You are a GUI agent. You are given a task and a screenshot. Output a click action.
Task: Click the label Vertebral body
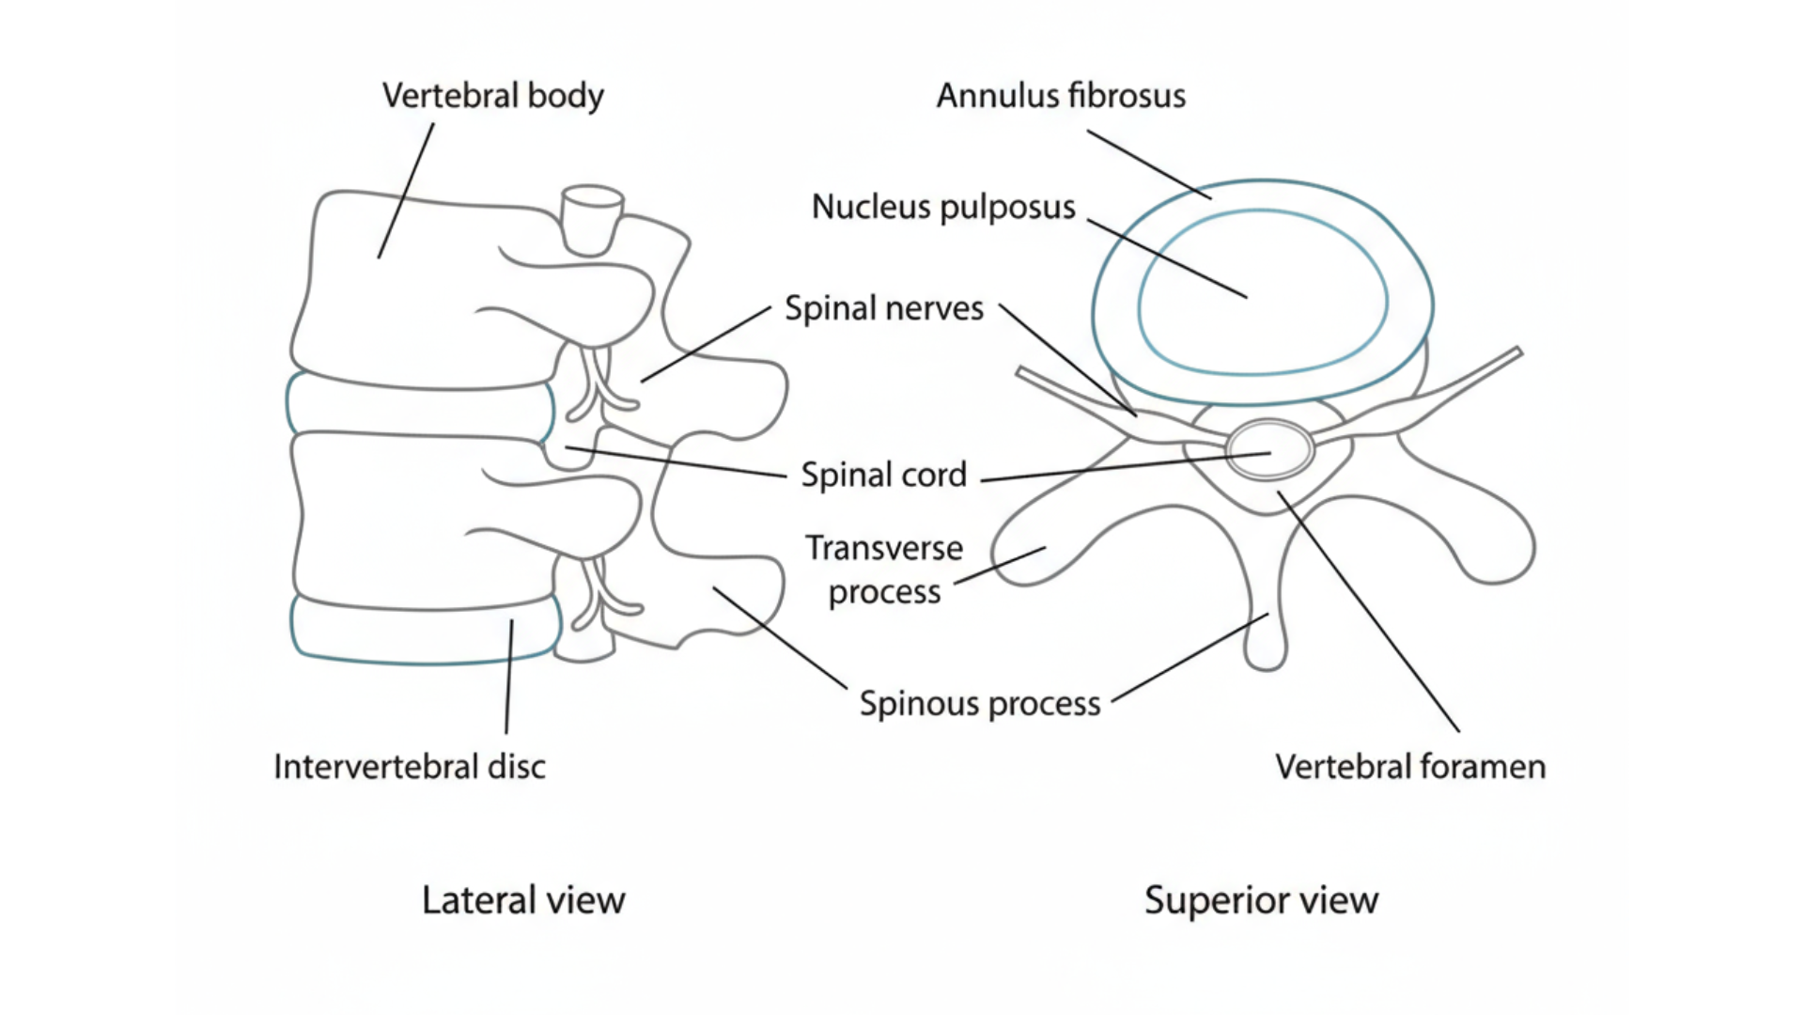pos(492,96)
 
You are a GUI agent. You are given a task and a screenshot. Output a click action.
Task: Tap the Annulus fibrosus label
pos(1061,96)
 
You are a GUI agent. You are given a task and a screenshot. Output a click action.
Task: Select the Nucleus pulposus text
pos(943,207)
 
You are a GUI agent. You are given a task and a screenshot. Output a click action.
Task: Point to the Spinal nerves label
pos(883,308)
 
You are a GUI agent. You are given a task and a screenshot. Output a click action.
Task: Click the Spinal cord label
pos(883,475)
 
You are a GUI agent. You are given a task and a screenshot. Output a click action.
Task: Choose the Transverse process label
pos(883,570)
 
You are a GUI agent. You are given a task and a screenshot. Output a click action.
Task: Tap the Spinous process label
pos(979,704)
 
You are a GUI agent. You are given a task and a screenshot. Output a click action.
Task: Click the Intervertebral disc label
pos(409,767)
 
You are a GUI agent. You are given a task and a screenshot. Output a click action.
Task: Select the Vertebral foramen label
pos(1409,767)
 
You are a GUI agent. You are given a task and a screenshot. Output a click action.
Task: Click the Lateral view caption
pos(522,900)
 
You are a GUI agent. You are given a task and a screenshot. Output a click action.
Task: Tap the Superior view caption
pos(1261,900)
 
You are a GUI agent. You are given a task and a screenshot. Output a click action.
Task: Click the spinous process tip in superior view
pos(1266,653)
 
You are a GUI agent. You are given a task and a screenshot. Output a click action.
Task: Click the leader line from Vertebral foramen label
pos(1368,611)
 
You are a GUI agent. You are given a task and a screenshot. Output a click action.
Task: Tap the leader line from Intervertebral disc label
pos(509,677)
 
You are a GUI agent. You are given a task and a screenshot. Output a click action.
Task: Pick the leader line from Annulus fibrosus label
pos(1148,164)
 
